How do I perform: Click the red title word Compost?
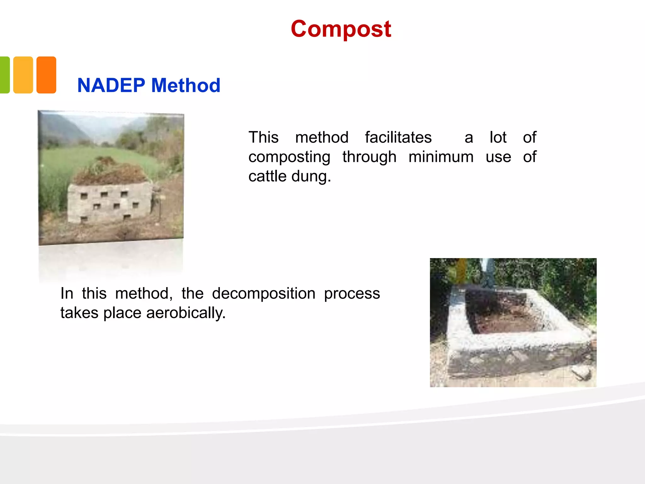341,29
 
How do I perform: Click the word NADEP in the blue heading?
111,85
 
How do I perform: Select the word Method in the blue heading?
186,85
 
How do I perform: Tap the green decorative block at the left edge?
4,75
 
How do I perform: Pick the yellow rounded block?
23,75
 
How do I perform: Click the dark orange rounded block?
46,75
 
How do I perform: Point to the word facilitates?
398,137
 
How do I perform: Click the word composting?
289,157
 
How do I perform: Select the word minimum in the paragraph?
441,157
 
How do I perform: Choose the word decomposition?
264,294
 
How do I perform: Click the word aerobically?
186,313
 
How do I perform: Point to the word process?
352,294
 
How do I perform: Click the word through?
369,157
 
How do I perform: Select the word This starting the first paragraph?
263,137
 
